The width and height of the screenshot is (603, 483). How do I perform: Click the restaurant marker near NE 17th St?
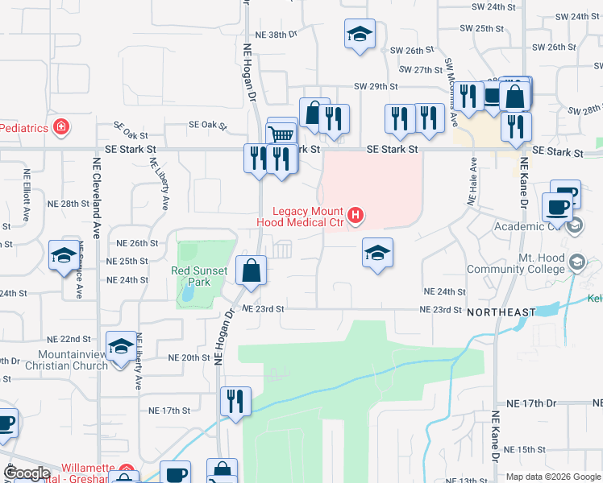pos(235,401)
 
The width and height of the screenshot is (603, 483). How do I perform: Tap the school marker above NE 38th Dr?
pos(360,34)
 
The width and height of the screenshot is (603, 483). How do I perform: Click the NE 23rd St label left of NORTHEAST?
pos(439,310)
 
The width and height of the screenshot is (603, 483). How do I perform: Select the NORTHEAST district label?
pos(501,312)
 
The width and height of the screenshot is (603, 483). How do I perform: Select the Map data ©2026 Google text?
pos(552,477)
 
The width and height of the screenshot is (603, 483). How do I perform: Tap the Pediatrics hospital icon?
pos(60,126)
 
